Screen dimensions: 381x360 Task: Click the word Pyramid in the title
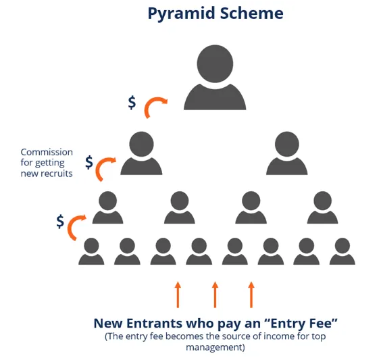[x=182, y=14]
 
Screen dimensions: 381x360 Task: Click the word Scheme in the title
[x=252, y=13]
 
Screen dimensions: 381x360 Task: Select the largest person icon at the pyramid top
[x=215, y=77]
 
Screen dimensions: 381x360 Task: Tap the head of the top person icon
[x=215, y=63]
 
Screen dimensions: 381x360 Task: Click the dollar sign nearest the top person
[x=132, y=103]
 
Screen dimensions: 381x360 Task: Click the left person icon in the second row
[x=141, y=153]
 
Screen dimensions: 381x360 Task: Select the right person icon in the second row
[x=287, y=153]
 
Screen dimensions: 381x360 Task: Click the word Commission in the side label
[x=47, y=152]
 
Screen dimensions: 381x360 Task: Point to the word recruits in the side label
[x=57, y=174]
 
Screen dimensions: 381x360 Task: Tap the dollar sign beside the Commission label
[x=89, y=162]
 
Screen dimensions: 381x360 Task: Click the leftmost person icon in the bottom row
[x=91, y=251]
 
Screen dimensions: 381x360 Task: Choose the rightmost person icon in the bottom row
[x=342, y=251]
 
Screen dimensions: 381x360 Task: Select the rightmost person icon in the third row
[x=322, y=207]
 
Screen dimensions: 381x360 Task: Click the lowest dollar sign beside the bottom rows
[x=60, y=222]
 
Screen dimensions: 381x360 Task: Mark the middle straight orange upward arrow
[x=215, y=294]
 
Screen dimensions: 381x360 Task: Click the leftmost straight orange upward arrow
[x=178, y=294]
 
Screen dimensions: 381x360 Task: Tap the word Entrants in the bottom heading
[x=154, y=324]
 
